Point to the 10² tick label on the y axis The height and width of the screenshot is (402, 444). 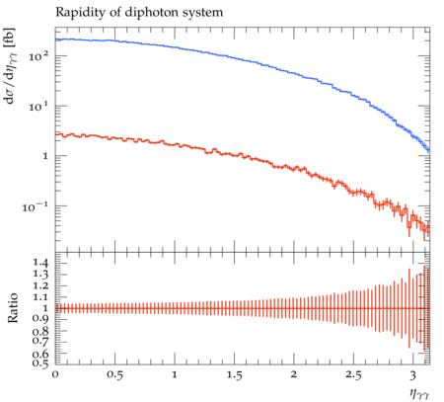point(38,55)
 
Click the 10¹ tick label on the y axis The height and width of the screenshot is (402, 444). point(38,106)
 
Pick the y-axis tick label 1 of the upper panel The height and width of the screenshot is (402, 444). point(45,156)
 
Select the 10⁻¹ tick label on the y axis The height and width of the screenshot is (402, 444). point(36,206)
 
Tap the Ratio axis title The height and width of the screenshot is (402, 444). point(12,308)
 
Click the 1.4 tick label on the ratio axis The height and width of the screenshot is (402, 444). point(40,263)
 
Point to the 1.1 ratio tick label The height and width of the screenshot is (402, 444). point(40,297)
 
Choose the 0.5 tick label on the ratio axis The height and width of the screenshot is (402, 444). point(40,363)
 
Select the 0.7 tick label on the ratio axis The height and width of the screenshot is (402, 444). point(40,340)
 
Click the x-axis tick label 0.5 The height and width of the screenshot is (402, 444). point(114,375)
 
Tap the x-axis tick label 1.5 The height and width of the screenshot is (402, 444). point(234,375)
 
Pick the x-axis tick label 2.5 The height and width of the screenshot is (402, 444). point(353,375)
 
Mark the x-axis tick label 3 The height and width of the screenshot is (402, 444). point(412,375)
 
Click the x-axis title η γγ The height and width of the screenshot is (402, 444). point(419,394)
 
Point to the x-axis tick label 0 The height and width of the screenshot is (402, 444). point(55,375)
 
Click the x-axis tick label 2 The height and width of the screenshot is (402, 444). point(294,374)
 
